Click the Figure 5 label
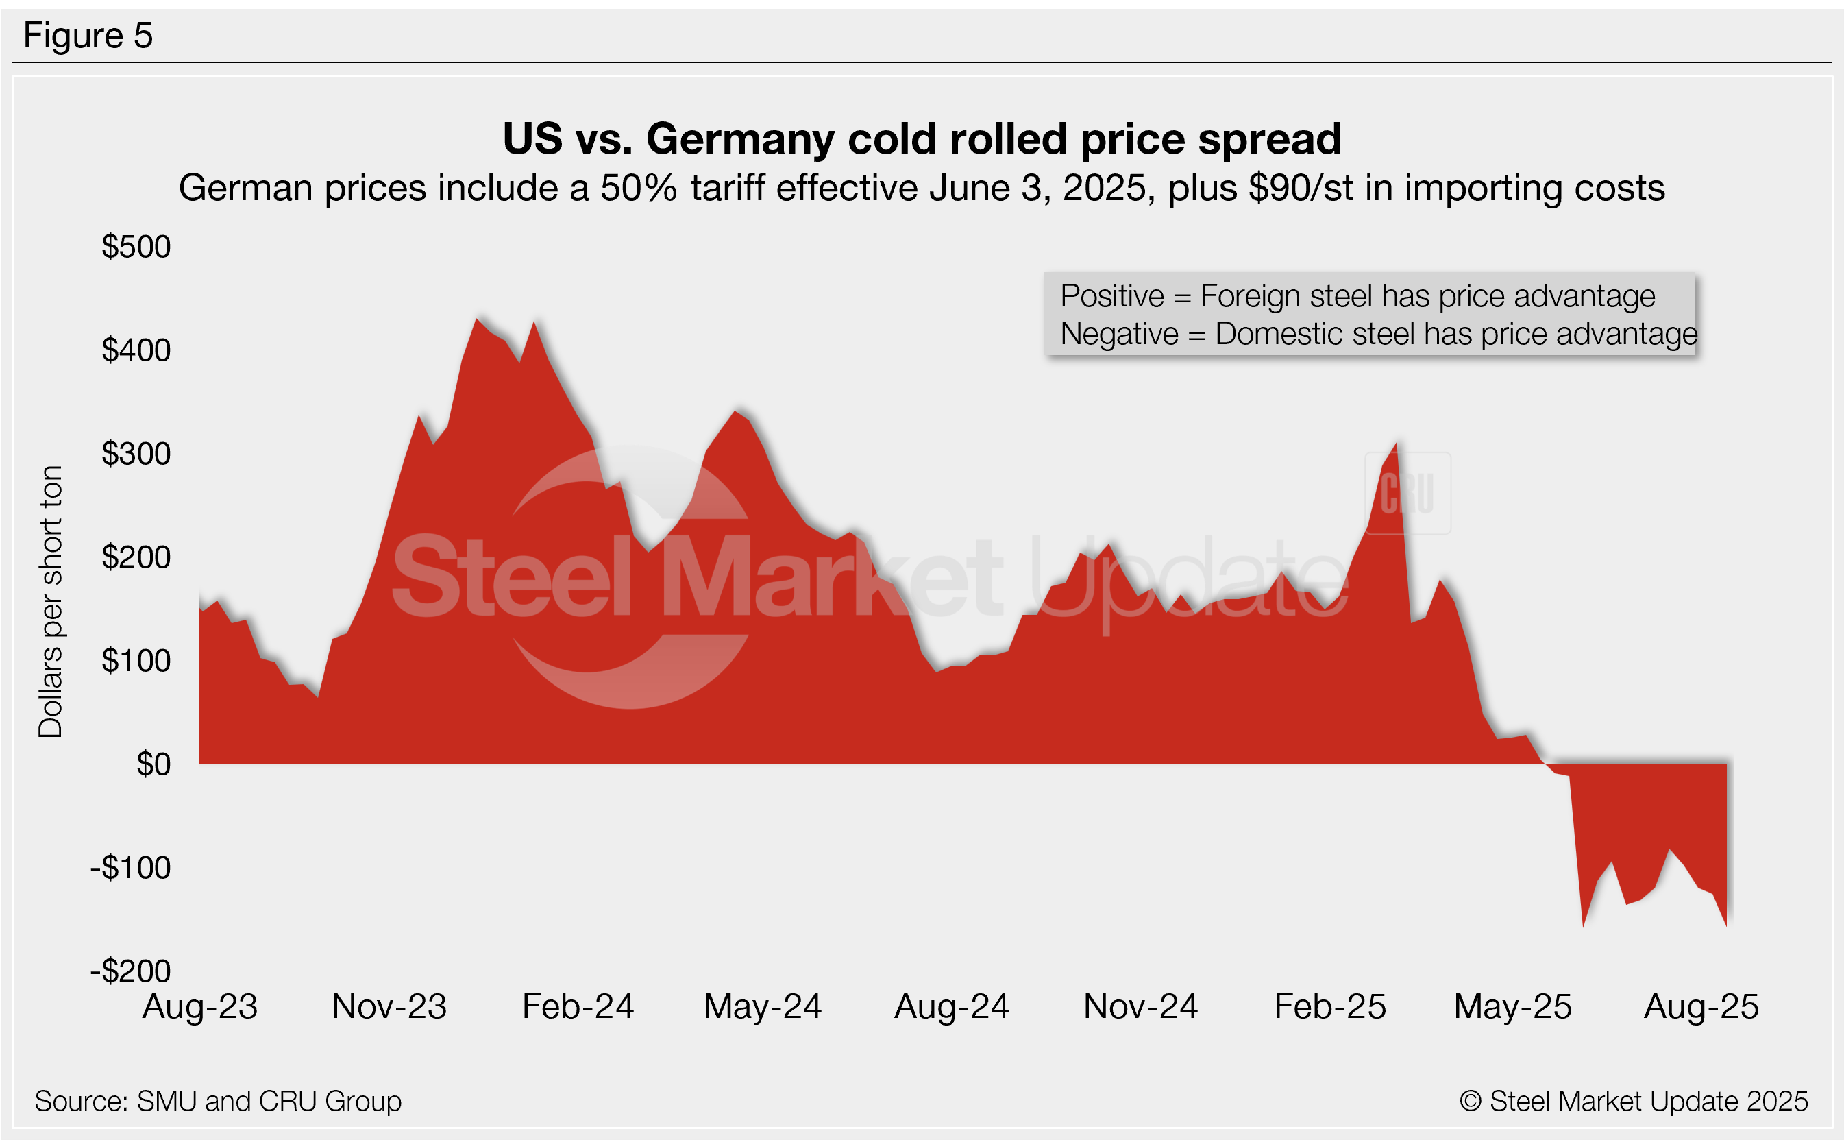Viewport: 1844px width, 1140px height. click(88, 36)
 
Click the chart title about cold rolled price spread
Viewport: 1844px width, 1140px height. click(922, 138)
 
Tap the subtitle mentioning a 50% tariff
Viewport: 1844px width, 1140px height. click(922, 188)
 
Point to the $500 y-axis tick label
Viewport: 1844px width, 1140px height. click(136, 247)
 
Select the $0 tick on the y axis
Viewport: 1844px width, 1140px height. click(153, 764)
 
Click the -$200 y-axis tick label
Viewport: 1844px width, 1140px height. click(131, 971)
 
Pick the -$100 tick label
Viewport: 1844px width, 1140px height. click(131, 867)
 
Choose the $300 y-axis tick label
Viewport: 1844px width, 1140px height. click(136, 453)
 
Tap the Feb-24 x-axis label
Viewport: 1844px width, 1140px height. click(578, 1006)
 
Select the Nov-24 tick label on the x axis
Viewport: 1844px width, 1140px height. click(1140, 1006)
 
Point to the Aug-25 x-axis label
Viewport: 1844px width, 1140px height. click(1701, 1006)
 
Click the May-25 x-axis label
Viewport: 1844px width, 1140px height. click(1512, 1006)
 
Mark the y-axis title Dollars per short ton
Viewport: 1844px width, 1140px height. click(51, 601)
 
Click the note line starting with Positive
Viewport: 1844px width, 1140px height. click(1357, 295)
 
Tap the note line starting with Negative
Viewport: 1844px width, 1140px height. click(1378, 333)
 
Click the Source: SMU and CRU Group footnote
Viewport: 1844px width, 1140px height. click(218, 1101)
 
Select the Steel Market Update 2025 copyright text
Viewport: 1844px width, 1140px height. click(1634, 1101)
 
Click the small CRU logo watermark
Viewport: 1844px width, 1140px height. click(1407, 493)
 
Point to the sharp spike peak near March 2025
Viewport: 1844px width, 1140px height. click(1397, 445)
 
